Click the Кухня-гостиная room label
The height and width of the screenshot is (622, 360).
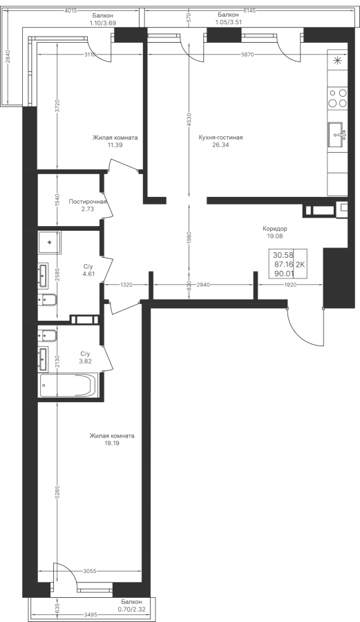click(x=220, y=138)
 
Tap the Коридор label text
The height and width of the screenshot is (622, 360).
click(x=275, y=229)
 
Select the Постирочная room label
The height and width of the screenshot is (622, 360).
click(x=88, y=202)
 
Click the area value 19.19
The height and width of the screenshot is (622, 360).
click(x=112, y=443)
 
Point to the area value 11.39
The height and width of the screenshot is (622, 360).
click(x=115, y=145)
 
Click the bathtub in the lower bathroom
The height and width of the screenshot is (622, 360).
click(x=68, y=385)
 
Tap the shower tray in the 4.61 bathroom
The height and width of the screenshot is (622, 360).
click(x=50, y=243)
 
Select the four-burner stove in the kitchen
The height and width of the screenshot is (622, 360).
click(x=337, y=98)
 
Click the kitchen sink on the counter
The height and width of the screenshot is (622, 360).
click(x=337, y=135)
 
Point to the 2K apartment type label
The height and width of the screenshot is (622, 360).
click(x=301, y=265)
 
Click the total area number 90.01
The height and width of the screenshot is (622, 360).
click(x=283, y=273)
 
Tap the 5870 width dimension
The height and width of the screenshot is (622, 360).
click(x=249, y=55)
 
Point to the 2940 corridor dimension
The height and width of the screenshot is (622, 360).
click(x=202, y=285)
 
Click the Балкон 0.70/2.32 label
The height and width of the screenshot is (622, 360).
click(x=131, y=605)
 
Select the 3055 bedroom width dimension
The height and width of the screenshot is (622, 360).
click(x=90, y=572)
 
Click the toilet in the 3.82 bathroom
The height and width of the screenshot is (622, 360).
click(x=48, y=336)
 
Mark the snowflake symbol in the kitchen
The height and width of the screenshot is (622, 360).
click(x=338, y=61)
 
